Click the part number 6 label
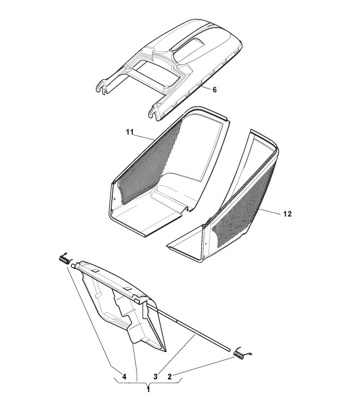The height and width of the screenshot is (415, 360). click(x=214, y=90)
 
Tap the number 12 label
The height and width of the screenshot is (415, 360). click(x=287, y=214)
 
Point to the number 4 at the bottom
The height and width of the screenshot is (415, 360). click(x=123, y=376)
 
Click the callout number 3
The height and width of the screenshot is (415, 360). click(x=155, y=376)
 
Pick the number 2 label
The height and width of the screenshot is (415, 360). click(x=169, y=376)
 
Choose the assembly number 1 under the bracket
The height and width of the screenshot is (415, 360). click(x=148, y=389)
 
